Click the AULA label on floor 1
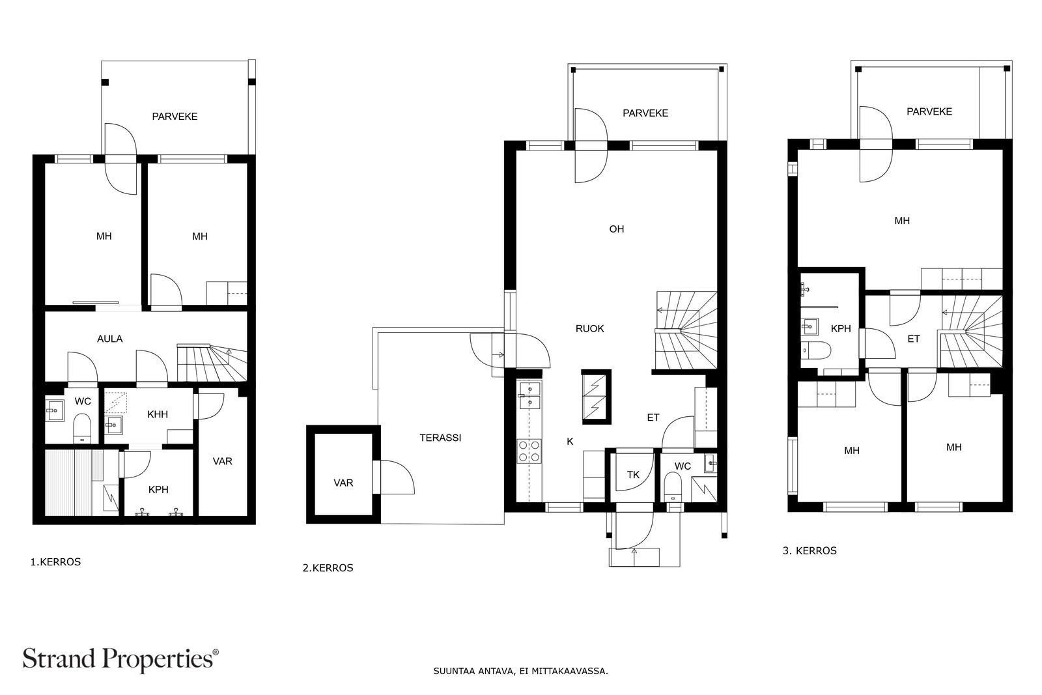tap(109, 339)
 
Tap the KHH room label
tap(158, 414)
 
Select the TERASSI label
tap(440, 438)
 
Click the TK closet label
tap(633, 475)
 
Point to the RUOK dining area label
tap(589, 329)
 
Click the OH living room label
tap(616, 229)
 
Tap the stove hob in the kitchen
tap(529, 451)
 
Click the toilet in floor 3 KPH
tap(817, 351)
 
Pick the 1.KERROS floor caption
tap(55, 561)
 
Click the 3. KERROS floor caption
tap(810, 550)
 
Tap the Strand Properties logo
tap(120, 659)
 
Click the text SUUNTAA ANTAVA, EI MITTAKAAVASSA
tap(520, 670)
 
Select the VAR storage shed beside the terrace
tap(343, 483)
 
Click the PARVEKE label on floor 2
tap(645, 113)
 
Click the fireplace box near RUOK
tap(596, 397)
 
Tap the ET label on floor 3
tap(913, 339)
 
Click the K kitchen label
tap(570, 442)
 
